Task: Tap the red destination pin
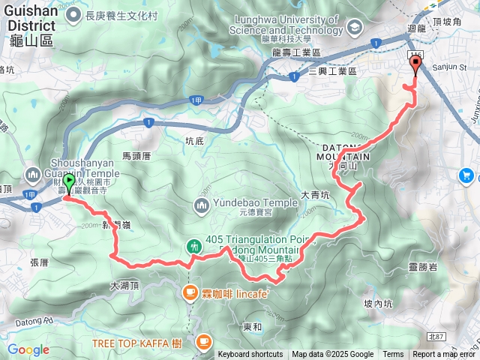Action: [x=415, y=66]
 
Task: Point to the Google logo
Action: [x=28, y=349]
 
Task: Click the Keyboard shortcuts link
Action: [x=250, y=355]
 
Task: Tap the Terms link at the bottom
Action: [x=393, y=355]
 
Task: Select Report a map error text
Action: [x=444, y=355]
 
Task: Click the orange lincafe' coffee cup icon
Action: [x=189, y=292]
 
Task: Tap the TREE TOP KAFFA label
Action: [x=136, y=343]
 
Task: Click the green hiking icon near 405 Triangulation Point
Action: [x=194, y=245]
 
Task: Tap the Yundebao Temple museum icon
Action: [x=202, y=204]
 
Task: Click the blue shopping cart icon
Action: [x=467, y=175]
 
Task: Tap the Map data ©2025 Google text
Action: [x=332, y=355]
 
